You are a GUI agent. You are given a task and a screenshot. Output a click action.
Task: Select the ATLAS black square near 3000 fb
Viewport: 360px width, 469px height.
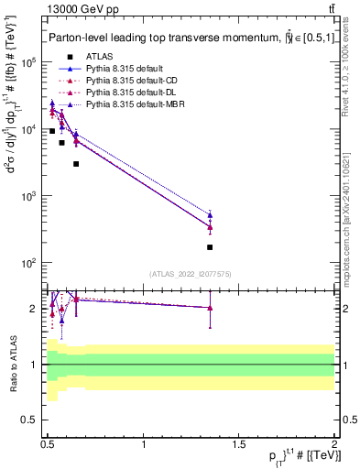76,164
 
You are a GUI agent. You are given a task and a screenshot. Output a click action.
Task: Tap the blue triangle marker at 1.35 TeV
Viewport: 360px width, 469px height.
210,215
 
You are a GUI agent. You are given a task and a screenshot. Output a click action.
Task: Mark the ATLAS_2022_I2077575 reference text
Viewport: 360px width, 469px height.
190,274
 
